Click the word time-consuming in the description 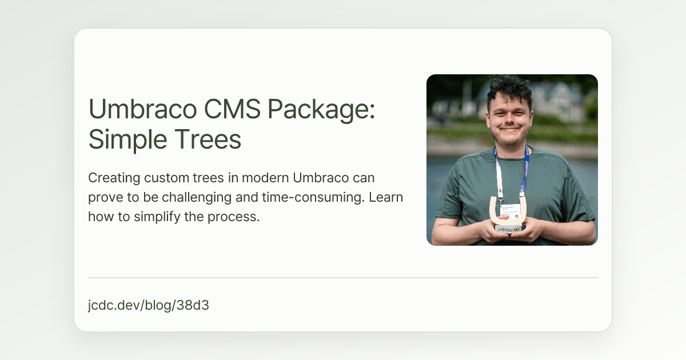point(314,198)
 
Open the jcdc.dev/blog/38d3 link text point(149,305)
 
